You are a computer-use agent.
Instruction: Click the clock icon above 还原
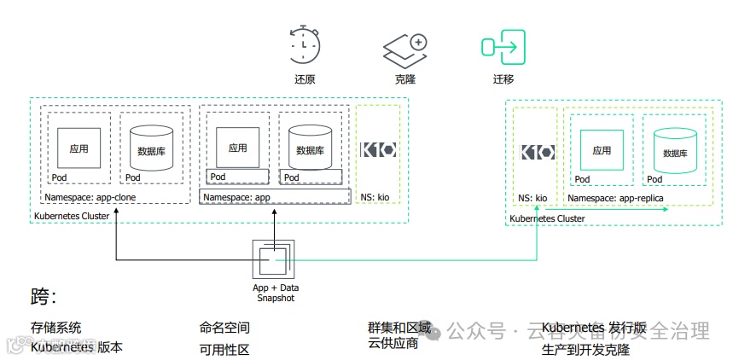tap(305, 45)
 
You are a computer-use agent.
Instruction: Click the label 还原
tap(305, 79)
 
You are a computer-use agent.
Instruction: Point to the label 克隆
tap(404, 79)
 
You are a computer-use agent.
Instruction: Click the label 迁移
tap(503, 79)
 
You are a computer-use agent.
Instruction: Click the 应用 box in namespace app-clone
tap(79, 148)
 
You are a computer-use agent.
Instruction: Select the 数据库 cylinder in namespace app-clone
tap(151, 150)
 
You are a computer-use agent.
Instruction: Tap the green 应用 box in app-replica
tap(602, 150)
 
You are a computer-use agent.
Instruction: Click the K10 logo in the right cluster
tap(538, 153)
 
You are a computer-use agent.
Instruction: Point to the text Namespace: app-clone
tap(90, 197)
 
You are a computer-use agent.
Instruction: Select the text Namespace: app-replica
tap(615, 198)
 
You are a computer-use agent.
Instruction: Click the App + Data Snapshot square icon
tap(274, 258)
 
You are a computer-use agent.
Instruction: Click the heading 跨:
tap(44, 298)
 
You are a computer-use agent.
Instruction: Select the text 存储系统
tap(56, 328)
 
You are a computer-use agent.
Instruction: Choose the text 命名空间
tap(224, 328)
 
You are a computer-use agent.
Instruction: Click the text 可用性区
tap(224, 348)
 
